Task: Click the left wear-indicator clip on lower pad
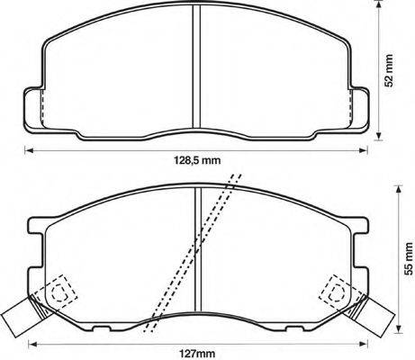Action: [20, 316]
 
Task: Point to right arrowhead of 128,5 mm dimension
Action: [368, 149]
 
